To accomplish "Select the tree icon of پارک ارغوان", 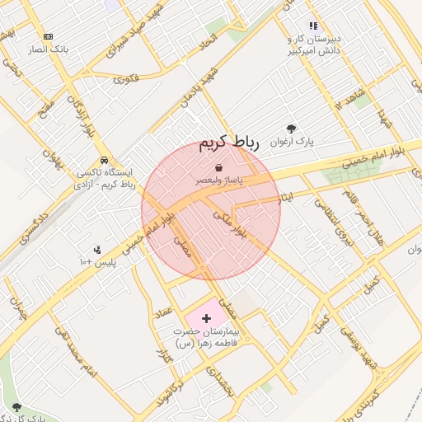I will [x=291, y=129].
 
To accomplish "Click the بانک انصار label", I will [x=49, y=50].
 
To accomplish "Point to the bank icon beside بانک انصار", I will [x=49, y=36].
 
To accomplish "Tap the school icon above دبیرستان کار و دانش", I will [x=313, y=26].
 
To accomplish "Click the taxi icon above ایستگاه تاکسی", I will [x=104, y=160].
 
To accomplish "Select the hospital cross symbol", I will [x=206, y=317].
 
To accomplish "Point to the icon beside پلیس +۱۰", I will [x=97, y=250].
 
